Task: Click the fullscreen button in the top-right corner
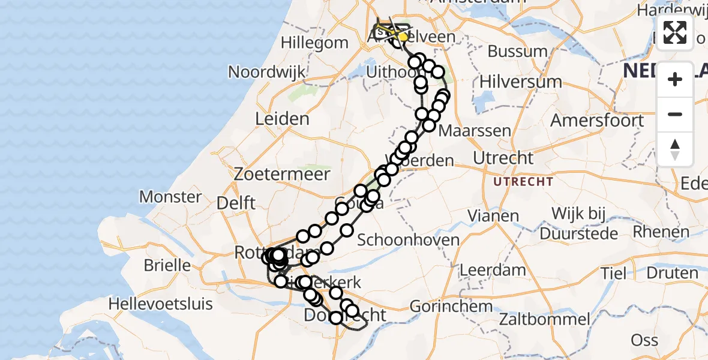[675, 32]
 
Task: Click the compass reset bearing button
[675, 149]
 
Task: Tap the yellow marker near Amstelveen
[403, 37]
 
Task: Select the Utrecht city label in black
[503, 158]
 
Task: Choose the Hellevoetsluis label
[161, 304]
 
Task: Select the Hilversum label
[521, 82]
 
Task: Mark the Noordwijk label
[267, 72]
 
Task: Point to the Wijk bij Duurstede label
[576, 223]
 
